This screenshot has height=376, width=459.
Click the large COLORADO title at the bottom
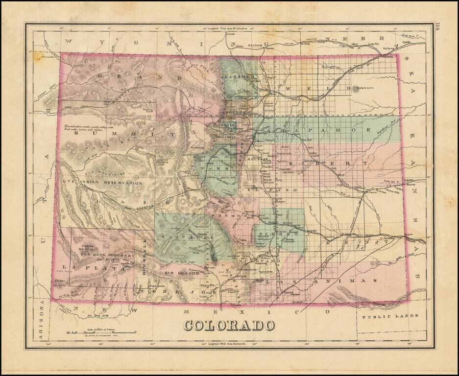coord(229,325)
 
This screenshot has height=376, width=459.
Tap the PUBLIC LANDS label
coord(390,316)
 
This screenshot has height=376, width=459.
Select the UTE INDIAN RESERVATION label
coord(103,183)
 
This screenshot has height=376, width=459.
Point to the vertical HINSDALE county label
coord(145,255)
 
